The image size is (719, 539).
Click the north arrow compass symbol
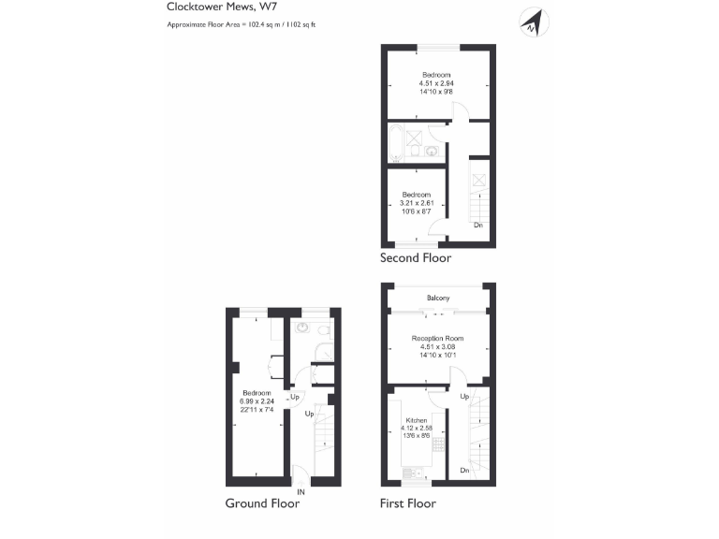click(x=534, y=22)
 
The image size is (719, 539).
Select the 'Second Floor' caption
click(x=415, y=258)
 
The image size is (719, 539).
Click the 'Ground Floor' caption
click(x=262, y=503)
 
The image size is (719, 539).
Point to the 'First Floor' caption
click(x=407, y=503)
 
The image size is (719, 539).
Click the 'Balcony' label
click(x=437, y=298)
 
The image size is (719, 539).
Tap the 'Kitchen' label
click(x=415, y=421)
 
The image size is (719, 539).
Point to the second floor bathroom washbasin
click(x=433, y=150)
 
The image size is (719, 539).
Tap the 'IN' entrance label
click(x=301, y=491)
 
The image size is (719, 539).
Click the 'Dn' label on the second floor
click(x=477, y=226)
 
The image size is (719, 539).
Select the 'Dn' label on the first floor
click(x=465, y=470)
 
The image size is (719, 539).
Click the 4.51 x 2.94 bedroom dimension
click(x=436, y=84)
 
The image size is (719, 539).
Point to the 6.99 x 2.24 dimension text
click(x=256, y=401)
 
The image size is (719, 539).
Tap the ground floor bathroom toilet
click(x=322, y=330)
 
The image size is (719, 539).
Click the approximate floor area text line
click(x=242, y=23)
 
